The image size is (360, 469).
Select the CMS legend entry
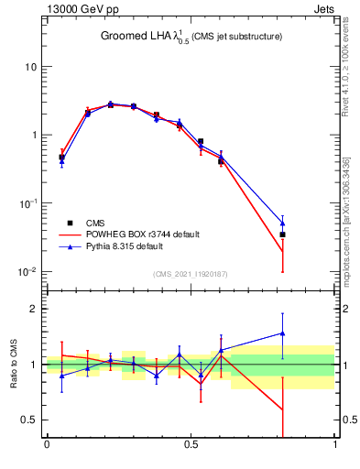[95, 223]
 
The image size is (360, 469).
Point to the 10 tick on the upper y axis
[29, 67]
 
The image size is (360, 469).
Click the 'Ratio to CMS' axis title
[14, 364]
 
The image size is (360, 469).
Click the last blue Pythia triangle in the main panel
[282, 223]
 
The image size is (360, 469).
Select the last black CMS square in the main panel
[282, 234]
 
